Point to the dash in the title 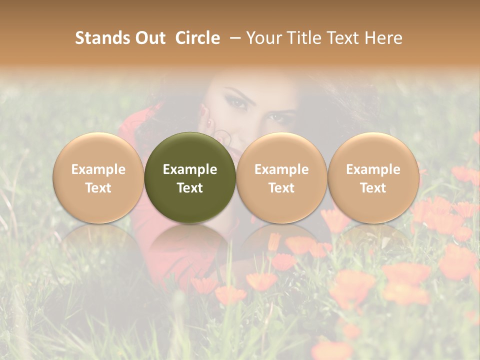[233, 38]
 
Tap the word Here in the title [383, 38]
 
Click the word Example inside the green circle [190, 169]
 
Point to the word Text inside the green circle [190, 188]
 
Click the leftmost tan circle [98, 177]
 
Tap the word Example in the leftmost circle [98, 169]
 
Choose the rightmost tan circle [373, 177]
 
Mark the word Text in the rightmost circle [373, 188]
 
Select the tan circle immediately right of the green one [281, 177]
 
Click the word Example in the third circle [281, 169]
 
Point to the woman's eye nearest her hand [236, 102]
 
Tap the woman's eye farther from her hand [276, 117]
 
